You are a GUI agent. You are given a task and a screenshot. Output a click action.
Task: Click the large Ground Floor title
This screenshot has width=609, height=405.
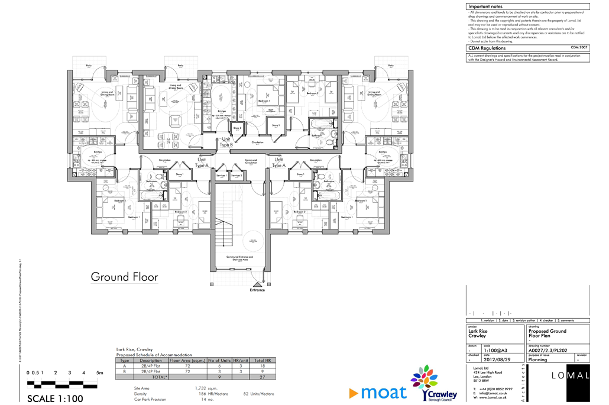coord(124,277)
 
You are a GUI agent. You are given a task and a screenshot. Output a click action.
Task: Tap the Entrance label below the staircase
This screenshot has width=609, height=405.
coord(257,290)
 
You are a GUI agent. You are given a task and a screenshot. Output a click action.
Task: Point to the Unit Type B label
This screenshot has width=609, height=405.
coord(226,141)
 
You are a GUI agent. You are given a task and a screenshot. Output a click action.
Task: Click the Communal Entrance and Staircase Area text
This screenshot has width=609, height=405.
coord(239,258)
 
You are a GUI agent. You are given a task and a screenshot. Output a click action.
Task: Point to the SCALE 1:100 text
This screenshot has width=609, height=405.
coord(55,398)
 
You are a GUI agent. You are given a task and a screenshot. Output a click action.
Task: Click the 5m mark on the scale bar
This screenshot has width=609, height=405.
coord(100,373)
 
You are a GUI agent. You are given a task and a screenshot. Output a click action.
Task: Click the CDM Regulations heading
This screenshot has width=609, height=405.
coord(488,48)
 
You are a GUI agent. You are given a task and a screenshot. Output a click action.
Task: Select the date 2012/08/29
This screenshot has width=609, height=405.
coord(497,359)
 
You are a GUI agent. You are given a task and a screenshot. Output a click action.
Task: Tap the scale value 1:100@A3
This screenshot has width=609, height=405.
coord(498,350)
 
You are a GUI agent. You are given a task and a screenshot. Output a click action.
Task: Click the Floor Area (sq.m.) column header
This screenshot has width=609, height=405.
coord(187,359)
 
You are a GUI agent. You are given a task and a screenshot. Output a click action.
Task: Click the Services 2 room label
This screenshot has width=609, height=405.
coord(237,176)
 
